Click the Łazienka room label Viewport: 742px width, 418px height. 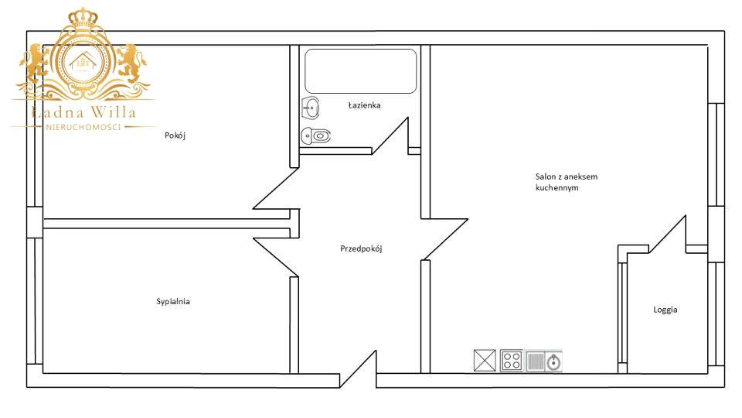pos(364,105)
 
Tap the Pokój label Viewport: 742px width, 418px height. pos(175,135)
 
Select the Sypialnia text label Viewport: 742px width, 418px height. pos(173,301)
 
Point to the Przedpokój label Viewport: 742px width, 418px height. pos(361,248)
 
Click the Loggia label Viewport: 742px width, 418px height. pos(665,310)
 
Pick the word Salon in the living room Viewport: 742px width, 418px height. pos(546,176)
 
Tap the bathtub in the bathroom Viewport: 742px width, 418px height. pos(361,71)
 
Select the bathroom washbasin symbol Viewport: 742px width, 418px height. pos(311,108)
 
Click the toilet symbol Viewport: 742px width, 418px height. pos(315,136)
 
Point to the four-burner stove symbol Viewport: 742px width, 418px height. pos(512,361)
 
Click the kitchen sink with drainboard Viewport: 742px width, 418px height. pos(543,361)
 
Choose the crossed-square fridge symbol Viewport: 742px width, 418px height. pos(485,360)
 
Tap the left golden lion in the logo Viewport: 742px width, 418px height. pos(34,63)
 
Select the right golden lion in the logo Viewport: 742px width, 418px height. pos(131,63)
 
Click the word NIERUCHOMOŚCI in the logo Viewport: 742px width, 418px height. pos(83,127)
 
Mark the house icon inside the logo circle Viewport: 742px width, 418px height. pos(83,62)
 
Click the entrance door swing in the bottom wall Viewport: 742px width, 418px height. pos(358,369)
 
